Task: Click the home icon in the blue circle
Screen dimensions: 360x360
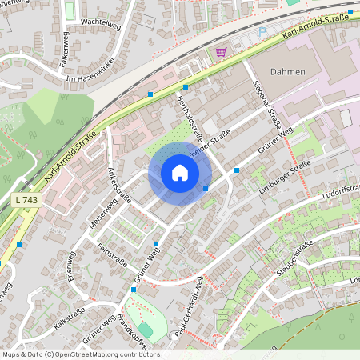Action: [x=179, y=173]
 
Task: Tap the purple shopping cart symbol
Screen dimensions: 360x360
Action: [x=221, y=52]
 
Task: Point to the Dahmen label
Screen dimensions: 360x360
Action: [x=289, y=72]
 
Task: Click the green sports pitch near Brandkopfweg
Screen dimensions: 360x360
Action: [x=145, y=329]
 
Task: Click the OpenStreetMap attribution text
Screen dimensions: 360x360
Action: [x=81, y=354]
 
